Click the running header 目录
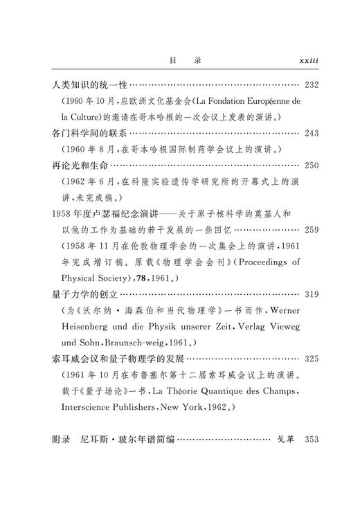click(x=185, y=61)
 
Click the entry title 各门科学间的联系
click(x=90, y=132)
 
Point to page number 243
click(x=311, y=132)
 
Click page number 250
click(x=311, y=166)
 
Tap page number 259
click(x=311, y=229)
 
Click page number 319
click(x=311, y=294)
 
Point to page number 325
click(x=311, y=359)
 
